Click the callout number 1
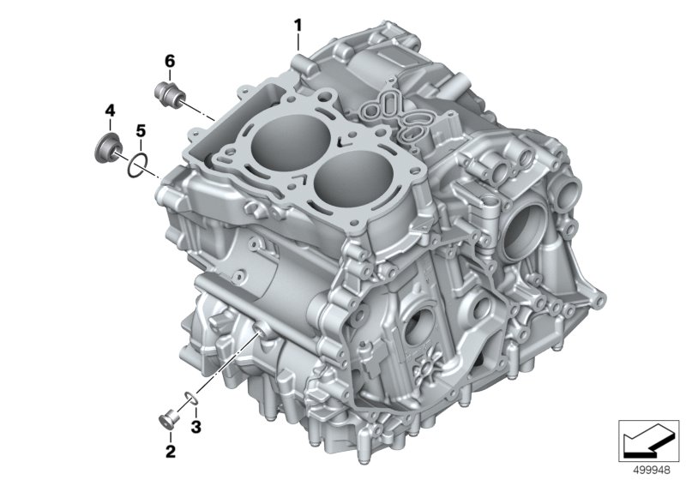(298, 26)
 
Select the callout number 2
(170, 451)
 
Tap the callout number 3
(196, 427)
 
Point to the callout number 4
(110, 111)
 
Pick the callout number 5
(141, 130)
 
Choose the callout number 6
(170, 61)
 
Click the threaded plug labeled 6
(170, 93)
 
